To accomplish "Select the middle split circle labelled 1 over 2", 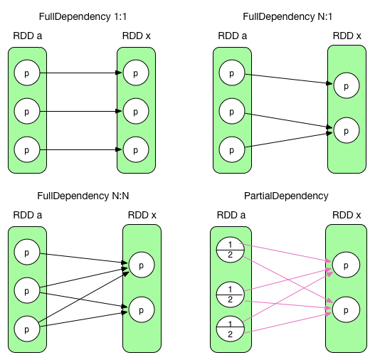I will [230, 292].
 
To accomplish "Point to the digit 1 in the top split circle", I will [230, 244].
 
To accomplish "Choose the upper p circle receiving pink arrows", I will [346, 265].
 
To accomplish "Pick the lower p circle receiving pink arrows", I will [346, 311].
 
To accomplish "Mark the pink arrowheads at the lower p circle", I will [329, 309].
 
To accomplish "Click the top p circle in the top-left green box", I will [27, 73].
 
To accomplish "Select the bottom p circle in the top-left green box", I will [27, 150].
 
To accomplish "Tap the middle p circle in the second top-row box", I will [136, 111].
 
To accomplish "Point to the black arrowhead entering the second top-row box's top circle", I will [120, 73].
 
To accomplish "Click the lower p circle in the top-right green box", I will [346, 131].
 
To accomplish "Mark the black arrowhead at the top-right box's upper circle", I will [330, 84].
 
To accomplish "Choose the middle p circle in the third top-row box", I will [232, 111].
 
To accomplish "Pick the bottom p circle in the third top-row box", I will [232, 150].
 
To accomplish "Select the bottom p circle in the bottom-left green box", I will [27, 329].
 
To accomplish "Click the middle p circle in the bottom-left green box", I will [27, 290].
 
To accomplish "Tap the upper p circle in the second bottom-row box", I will [142, 265].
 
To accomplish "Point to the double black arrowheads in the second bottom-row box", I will [125, 268].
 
